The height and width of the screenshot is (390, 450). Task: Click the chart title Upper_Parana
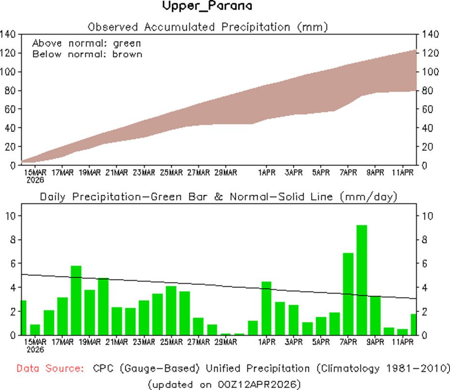pyautogui.click(x=206, y=7)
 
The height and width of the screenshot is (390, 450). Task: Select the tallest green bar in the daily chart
pyautogui.click(x=362, y=280)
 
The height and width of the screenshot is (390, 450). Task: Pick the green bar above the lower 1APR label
pyautogui.click(x=267, y=308)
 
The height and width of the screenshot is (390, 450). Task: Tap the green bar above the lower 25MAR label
pyautogui.click(x=171, y=310)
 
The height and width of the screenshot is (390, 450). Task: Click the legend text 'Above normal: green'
pyautogui.click(x=86, y=43)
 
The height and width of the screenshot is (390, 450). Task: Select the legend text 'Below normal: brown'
pyautogui.click(x=87, y=54)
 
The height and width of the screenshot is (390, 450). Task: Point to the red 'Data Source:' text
pyautogui.click(x=50, y=369)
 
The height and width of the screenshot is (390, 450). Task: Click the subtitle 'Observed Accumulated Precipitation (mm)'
pyautogui.click(x=208, y=27)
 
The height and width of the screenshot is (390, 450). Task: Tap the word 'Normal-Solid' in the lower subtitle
pyautogui.click(x=287, y=197)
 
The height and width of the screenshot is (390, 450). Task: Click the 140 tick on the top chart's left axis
pyautogui.click(x=9, y=34)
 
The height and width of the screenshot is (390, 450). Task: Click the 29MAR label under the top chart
pyautogui.click(x=226, y=173)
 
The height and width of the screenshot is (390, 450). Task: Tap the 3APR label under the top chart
pyautogui.click(x=294, y=173)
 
